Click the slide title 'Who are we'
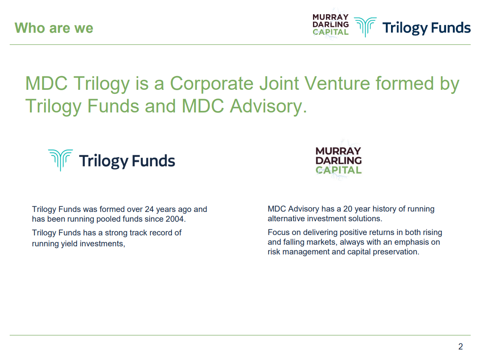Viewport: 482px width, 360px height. pyautogui.click(x=54, y=28)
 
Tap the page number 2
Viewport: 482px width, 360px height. pyautogui.click(x=461, y=347)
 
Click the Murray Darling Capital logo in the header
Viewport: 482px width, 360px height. pyautogui.click(x=330, y=25)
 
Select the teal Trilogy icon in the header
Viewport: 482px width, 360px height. pyautogui.click(x=365, y=27)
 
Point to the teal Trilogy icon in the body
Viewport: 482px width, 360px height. pyautogui.click(x=61, y=160)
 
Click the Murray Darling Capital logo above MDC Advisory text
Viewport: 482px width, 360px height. pyautogui.click(x=338, y=161)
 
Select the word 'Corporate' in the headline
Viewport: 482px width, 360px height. pyautogui.click(x=212, y=84)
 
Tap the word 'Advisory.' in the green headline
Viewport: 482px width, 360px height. pyautogui.click(x=268, y=106)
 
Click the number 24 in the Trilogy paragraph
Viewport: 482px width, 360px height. pyautogui.click(x=149, y=210)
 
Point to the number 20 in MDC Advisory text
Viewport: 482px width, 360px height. pyautogui.click(x=348, y=209)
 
